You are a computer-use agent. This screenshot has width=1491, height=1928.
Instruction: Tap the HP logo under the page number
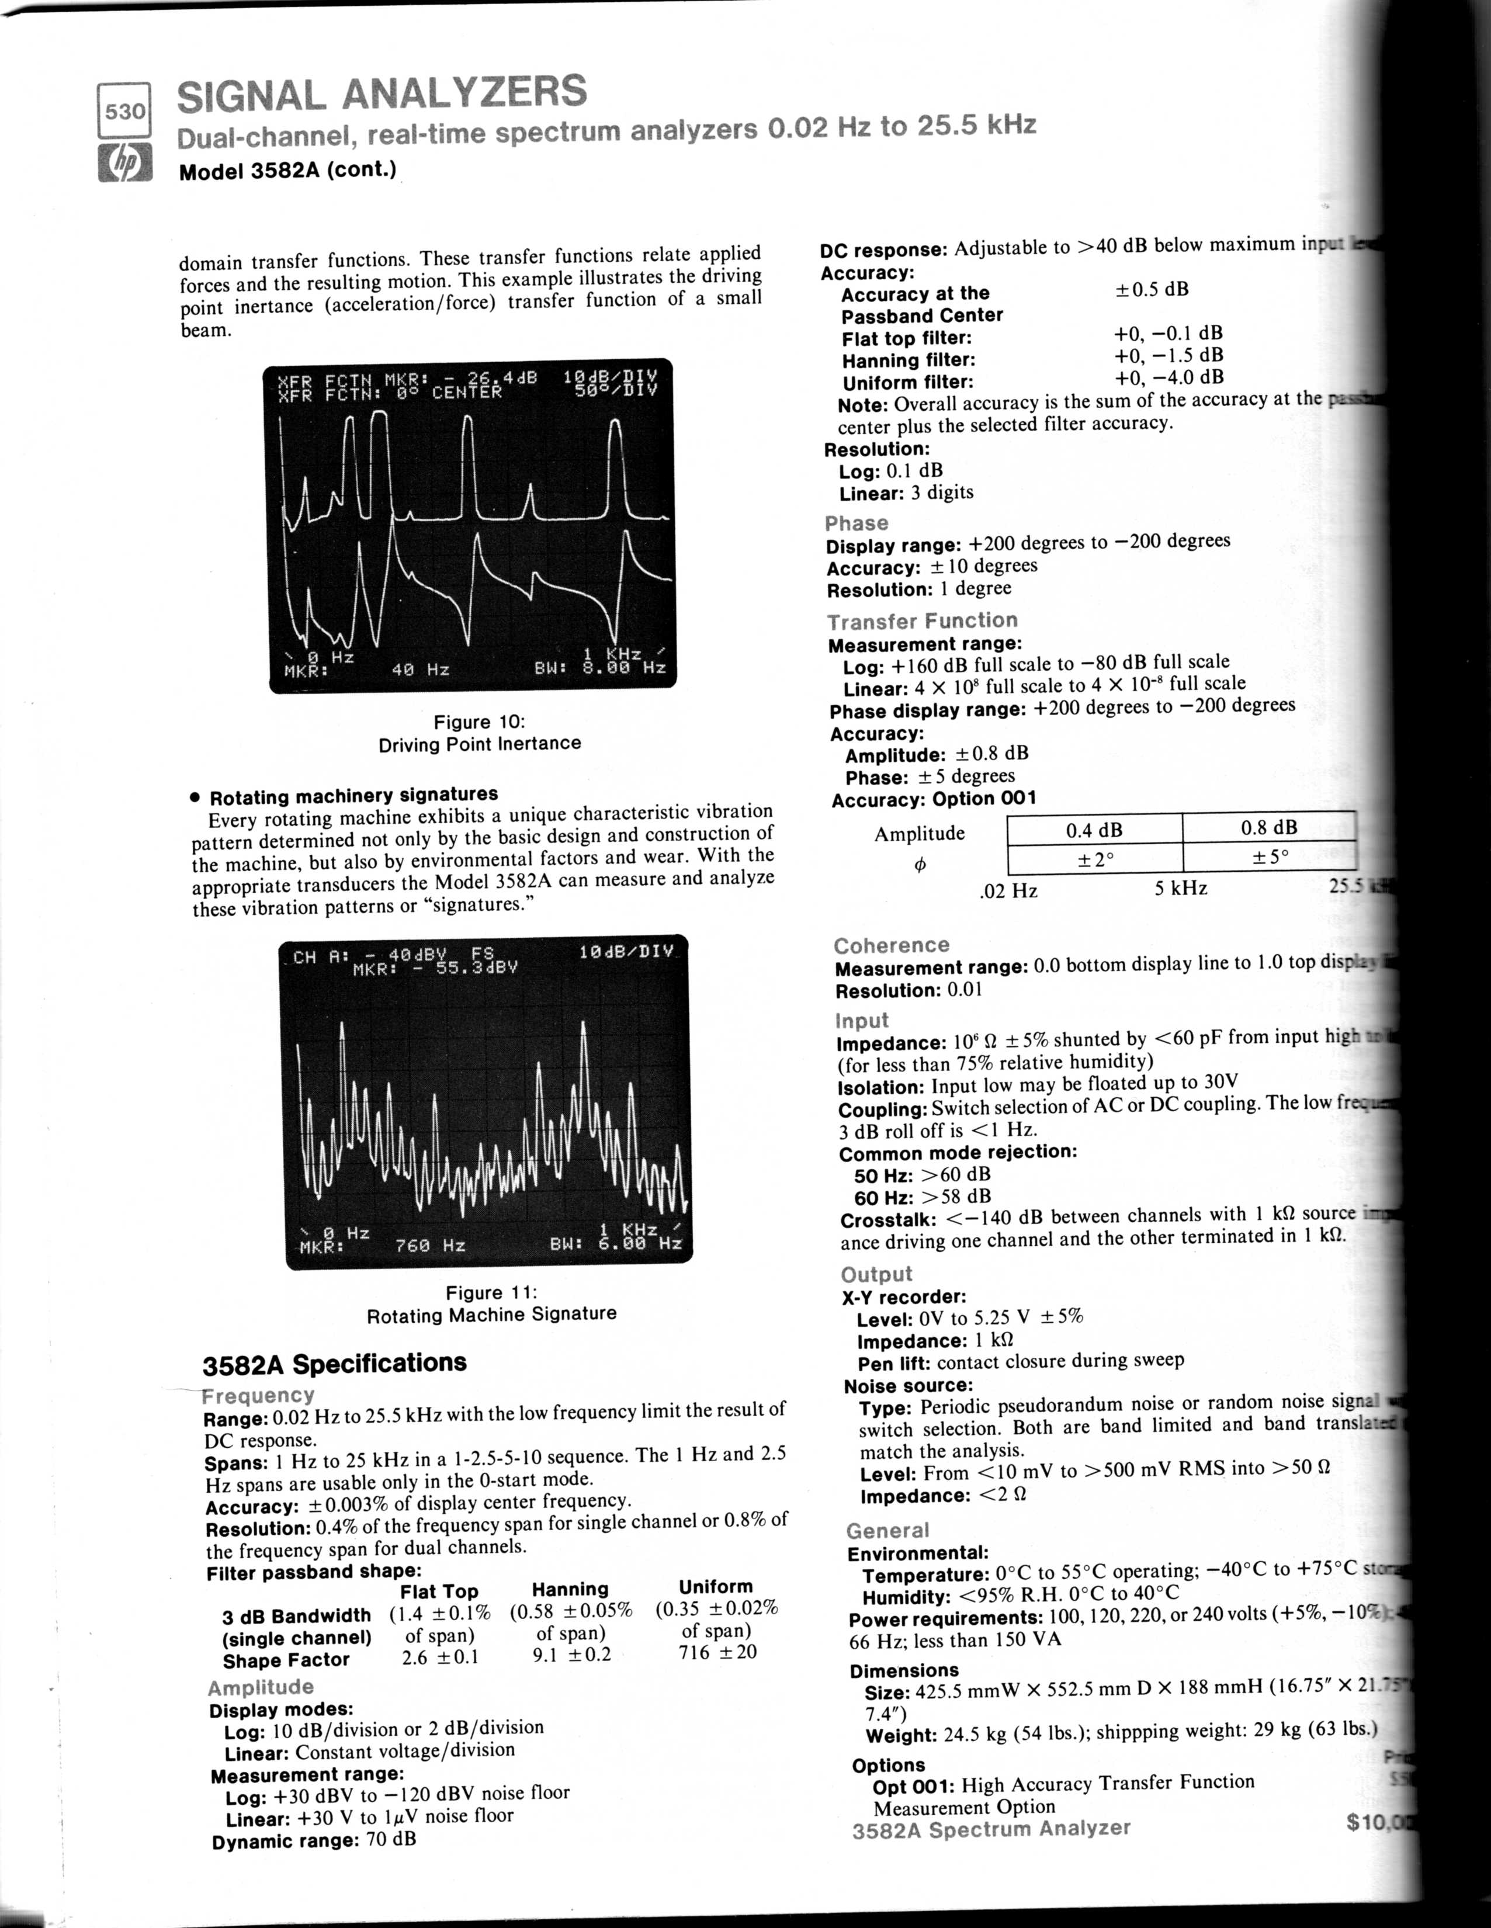tap(124, 164)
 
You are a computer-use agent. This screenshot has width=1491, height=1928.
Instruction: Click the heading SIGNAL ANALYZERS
tap(382, 93)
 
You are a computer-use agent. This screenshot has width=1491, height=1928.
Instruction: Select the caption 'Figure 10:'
tap(478, 722)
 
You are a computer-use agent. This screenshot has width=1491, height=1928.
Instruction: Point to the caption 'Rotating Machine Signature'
tap(492, 1315)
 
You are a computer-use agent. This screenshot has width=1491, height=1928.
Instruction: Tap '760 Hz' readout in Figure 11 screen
tap(430, 1246)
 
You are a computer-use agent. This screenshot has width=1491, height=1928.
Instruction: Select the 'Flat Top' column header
tap(439, 1591)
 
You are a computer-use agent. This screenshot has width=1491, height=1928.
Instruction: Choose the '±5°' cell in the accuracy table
tap(1270, 856)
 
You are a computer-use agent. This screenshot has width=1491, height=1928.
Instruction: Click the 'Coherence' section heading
tap(892, 945)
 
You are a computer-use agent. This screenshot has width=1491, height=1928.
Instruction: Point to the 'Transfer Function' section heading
tap(923, 620)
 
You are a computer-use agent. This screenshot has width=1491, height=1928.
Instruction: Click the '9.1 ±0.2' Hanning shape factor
tap(571, 1655)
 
